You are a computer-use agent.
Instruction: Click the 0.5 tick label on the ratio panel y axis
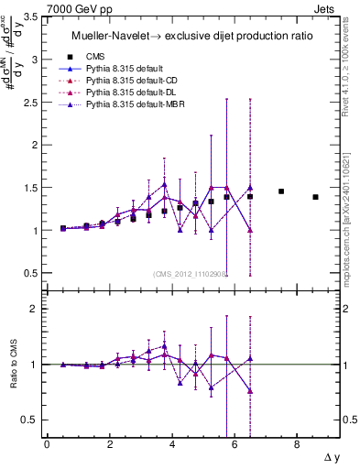point(29,420)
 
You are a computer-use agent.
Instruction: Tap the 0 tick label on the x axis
point(47,444)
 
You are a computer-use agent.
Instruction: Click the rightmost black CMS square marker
point(315,197)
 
